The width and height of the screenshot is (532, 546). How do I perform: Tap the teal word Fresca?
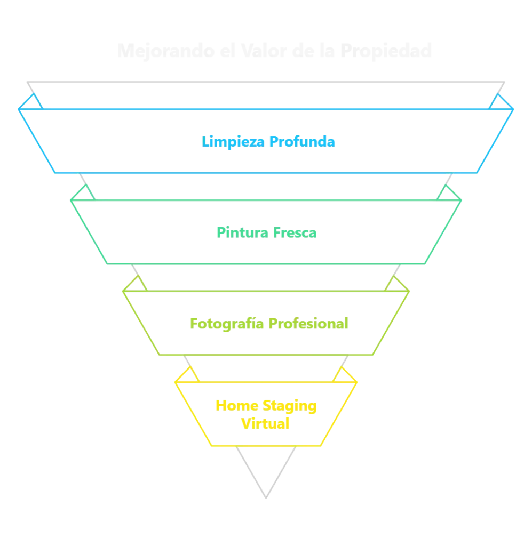(295, 233)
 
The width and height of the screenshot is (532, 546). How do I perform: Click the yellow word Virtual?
(266, 424)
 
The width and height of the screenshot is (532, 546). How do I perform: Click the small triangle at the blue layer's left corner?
(33, 102)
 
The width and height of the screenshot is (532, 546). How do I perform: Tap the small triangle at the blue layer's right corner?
(499, 102)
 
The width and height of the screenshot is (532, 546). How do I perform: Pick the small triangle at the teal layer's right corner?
(447, 193)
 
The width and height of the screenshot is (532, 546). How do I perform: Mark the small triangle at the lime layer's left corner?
(137, 284)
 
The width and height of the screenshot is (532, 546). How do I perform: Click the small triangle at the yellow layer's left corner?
(188, 375)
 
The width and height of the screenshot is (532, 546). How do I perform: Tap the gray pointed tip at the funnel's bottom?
(266, 493)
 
